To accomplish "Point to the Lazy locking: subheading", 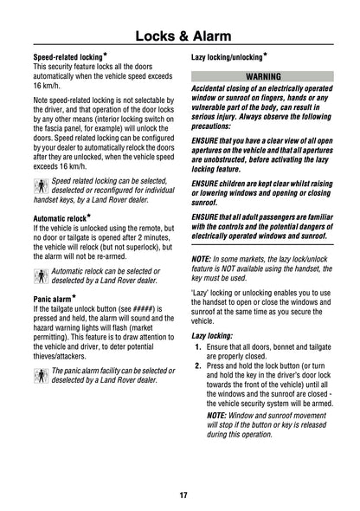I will pyautogui.click(x=212, y=334).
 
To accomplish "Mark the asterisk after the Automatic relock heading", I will pyautogui.click(x=88, y=214).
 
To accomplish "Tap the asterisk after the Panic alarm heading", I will pyautogui.click(x=71, y=295).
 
